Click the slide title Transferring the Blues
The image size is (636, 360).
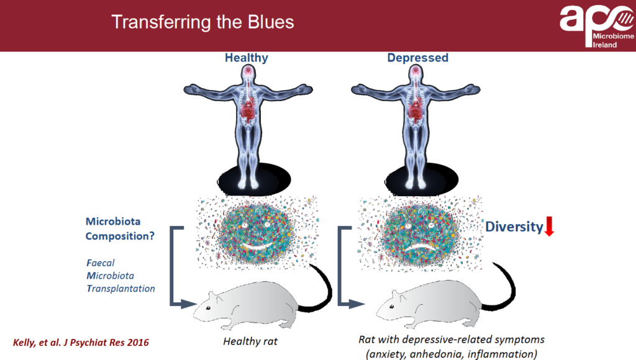[202, 22]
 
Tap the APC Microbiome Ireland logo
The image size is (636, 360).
[597, 26]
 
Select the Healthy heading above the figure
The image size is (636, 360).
[246, 58]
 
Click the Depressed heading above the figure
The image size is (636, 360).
[418, 58]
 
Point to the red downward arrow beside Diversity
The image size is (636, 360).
[549, 226]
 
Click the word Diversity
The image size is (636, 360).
[514, 227]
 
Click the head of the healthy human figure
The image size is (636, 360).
[248, 73]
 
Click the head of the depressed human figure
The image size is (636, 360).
[416, 73]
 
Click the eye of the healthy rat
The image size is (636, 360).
[208, 308]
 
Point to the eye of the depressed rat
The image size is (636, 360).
[392, 307]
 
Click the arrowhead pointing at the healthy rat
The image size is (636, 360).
[189, 304]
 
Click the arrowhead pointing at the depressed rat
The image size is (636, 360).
[357, 304]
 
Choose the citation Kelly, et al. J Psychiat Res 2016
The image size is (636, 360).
[81, 343]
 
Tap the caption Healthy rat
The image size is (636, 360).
[250, 341]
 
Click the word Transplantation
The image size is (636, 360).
[121, 289]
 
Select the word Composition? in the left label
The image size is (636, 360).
[120, 236]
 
